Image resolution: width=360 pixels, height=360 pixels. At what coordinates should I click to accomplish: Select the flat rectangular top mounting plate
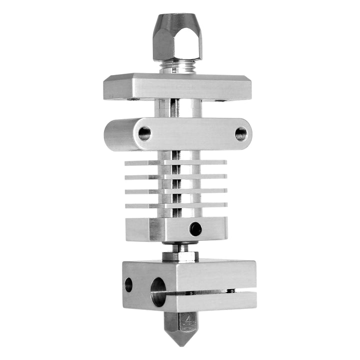click(x=177, y=87)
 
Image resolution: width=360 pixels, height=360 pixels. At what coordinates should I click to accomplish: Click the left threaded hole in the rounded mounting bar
click(x=144, y=133)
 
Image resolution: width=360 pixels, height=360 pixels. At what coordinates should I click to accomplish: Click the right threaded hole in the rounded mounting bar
click(x=240, y=133)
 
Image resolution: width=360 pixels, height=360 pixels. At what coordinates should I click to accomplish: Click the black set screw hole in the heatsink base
click(x=195, y=229)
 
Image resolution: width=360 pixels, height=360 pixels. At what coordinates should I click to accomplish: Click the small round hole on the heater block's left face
click(x=128, y=284)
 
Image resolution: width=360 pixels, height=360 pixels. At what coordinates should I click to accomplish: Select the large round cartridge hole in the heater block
click(x=158, y=291)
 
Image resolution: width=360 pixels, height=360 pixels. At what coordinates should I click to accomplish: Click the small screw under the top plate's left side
click(x=133, y=99)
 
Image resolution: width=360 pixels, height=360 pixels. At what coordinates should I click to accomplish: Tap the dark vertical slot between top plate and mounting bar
click(x=174, y=108)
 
